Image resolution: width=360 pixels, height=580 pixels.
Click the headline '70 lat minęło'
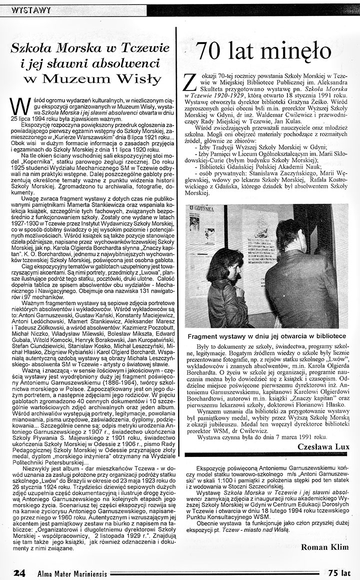264,51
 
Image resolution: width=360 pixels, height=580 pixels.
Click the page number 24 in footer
19,572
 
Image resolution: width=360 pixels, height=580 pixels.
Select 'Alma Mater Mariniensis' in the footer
73,573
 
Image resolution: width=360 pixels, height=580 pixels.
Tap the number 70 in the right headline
212,51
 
